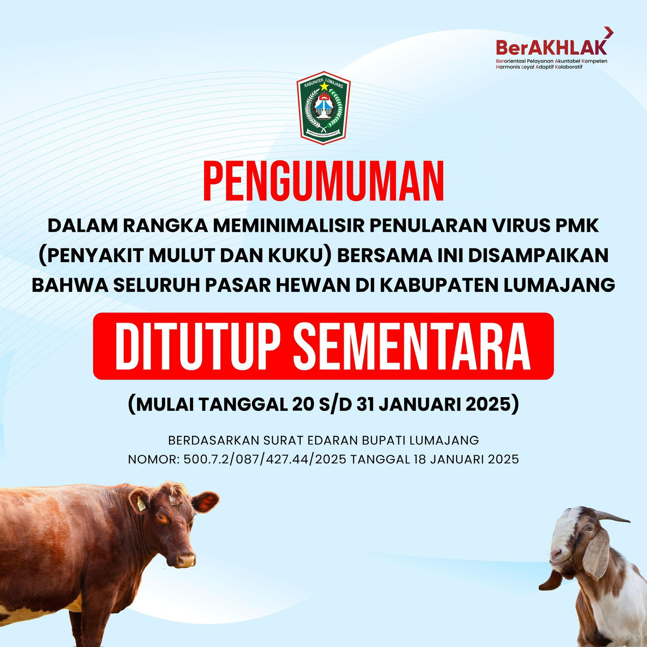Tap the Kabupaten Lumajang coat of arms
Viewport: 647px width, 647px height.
[323, 108]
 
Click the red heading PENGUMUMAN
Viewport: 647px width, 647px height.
[323, 182]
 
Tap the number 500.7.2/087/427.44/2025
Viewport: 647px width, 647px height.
[265, 459]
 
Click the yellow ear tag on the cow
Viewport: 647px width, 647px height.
[141, 503]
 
